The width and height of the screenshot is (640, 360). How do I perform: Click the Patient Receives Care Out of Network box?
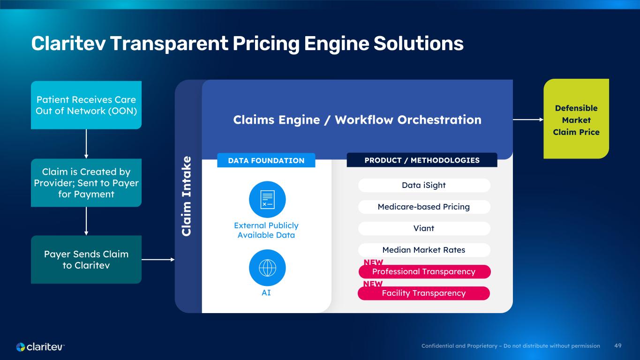pyautogui.click(x=86, y=105)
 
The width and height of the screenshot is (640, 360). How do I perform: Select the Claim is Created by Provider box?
pyautogui.click(x=86, y=182)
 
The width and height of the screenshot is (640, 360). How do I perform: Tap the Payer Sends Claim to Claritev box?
pyautogui.click(x=86, y=259)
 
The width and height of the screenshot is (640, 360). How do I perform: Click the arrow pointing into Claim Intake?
pyautogui.click(x=158, y=259)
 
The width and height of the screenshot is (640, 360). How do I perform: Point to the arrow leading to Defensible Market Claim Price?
pyautogui.click(x=528, y=120)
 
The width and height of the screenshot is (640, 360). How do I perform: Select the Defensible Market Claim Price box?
pyautogui.click(x=576, y=119)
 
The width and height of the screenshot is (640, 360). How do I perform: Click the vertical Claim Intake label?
pyautogui.click(x=186, y=196)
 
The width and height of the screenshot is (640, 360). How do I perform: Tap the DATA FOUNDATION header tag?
pyautogui.click(x=266, y=160)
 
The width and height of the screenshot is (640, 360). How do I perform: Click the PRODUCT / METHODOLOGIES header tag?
pyautogui.click(x=422, y=160)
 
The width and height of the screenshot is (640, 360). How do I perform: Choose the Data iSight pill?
pyautogui.click(x=424, y=185)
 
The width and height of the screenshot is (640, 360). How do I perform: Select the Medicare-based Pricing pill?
pyautogui.click(x=424, y=207)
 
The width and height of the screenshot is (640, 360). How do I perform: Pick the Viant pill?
pyautogui.click(x=424, y=228)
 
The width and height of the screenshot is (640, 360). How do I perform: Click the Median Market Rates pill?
pyautogui.click(x=424, y=250)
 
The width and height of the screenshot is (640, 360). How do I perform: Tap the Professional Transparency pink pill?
pyautogui.click(x=425, y=271)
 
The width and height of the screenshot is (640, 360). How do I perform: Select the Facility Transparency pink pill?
pyautogui.click(x=424, y=293)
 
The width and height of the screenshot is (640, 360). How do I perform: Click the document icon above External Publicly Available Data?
pyautogui.click(x=267, y=199)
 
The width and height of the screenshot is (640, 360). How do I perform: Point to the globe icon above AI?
pyautogui.click(x=267, y=268)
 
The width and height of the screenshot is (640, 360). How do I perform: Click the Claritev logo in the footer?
pyautogui.click(x=40, y=347)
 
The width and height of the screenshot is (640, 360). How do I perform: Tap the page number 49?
pyautogui.click(x=617, y=346)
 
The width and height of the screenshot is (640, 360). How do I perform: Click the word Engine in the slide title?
pyautogui.click(x=336, y=44)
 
